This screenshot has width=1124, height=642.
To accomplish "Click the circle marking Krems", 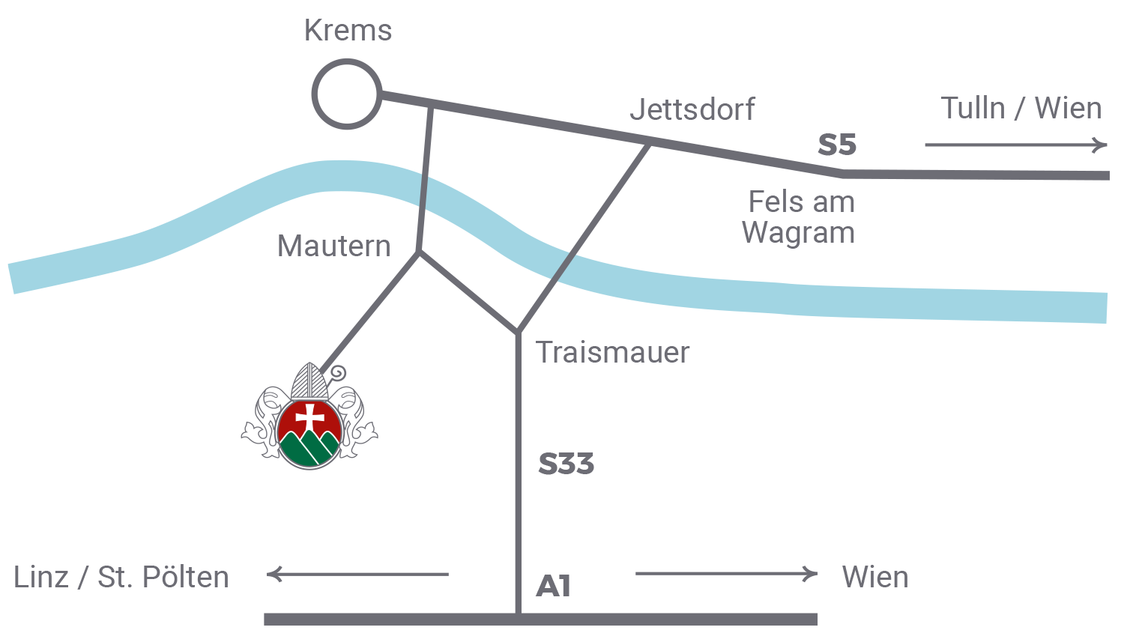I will tap(347, 94).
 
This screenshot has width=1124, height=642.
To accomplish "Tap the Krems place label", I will tap(348, 31).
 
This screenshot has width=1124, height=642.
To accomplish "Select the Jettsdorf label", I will tap(692, 109).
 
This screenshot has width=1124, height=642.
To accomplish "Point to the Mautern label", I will tap(334, 246).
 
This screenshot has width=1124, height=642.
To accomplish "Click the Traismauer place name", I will tap(613, 352).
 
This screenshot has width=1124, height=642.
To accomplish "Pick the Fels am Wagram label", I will tap(800, 217).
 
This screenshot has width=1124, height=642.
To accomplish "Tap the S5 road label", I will tap(836, 145).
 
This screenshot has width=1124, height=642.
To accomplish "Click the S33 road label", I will tap(566, 464).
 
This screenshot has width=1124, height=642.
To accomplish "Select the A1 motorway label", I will tap(554, 586).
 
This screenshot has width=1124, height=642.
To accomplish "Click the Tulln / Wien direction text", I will tap(1021, 109).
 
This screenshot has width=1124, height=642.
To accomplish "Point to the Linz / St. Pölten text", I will tap(121, 578).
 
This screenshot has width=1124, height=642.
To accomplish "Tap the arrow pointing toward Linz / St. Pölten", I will tap(357, 575).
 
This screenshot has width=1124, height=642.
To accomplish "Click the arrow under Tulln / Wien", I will tap(1015, 145).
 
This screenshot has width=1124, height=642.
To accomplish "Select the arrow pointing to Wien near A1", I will tap(726, 574).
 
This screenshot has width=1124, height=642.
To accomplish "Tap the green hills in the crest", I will tap(309, 449).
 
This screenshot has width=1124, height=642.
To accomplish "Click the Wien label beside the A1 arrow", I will tap(874, 578).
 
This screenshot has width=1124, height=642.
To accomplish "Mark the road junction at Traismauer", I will tap(517, 332).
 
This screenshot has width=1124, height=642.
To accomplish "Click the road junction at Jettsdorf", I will tap(650, 141).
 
